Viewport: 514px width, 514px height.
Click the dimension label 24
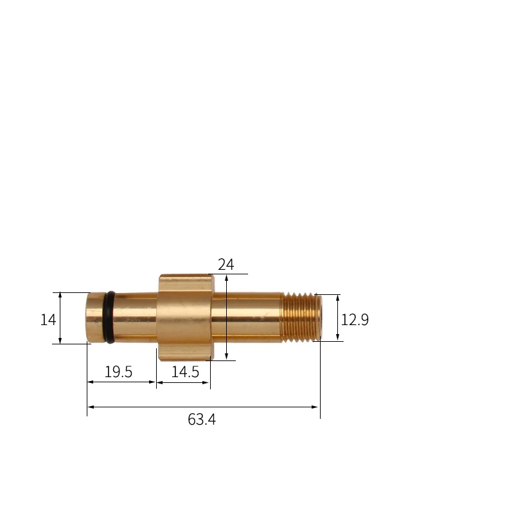coord(226,264)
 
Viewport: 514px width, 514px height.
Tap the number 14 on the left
coord(48,319)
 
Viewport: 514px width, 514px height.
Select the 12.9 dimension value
coord(355,319)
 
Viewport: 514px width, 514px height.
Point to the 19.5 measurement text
coord(118,372)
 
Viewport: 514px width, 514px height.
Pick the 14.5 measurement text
coord(184,372)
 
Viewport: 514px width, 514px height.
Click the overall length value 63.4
coord(202,420)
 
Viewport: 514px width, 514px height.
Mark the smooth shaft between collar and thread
coord(247,318)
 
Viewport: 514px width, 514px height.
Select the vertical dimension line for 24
coord(227,321)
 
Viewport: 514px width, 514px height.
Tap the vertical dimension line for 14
coord(60,318)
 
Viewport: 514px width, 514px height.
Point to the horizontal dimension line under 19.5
coord(122,382)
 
